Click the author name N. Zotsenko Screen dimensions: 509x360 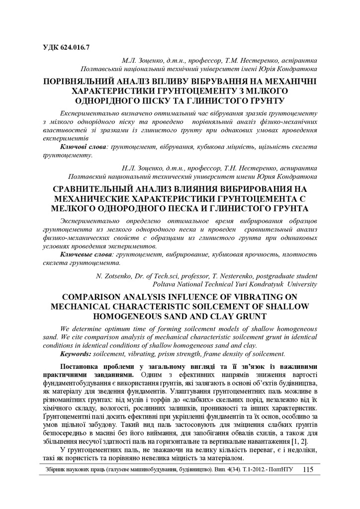[113, 275]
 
